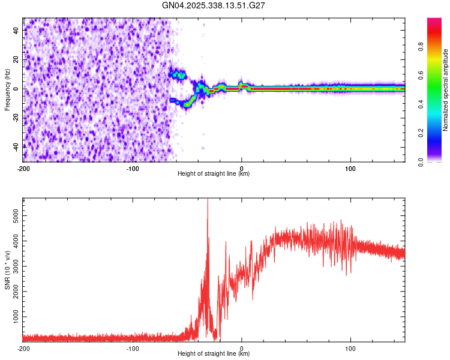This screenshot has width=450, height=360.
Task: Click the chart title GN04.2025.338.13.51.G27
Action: click(x=214, y=5)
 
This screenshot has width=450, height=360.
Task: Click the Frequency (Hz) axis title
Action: click(x=7, y=89)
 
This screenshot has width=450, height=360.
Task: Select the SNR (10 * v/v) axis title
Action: click(x=7, y=269)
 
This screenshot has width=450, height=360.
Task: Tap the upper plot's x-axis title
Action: click(x=214, y=174)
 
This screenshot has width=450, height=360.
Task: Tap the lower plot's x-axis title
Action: click(x=214, y=354)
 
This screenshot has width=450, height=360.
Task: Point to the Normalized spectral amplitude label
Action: click(x=446, y=90)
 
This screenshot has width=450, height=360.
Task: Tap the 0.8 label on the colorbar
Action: click(x=422, y=47)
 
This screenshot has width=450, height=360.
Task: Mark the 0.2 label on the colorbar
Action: click(x=422, y=133)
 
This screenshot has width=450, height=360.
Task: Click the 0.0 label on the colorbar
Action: click(x=422, y=161)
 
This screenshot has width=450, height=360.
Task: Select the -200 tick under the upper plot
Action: click(x=23, y=168)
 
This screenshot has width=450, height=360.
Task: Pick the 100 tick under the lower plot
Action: click(x=350, y=348)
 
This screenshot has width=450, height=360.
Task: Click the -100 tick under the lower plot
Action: click(x=133, y=348)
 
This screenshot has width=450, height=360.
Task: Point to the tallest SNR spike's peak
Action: click(x=208, y=200)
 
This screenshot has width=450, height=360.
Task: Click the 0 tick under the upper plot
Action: click(x=241, y=168)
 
